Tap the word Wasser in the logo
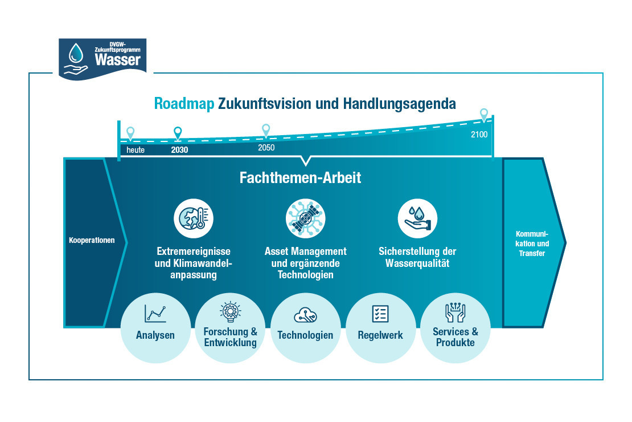click(x=118, y=60)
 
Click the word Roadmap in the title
click(x=184, y=104)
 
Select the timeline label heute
click(x=136, y=150)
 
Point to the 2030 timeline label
click(x=179, y=150)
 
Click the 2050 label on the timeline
click(x=266, y=148)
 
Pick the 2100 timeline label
click(x=479, y=135)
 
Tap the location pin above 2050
click(x=266, y=131)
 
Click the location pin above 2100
click(x=484, y=115)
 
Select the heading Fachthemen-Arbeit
click(x=300, y=178)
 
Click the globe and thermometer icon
click(x=194, y=218)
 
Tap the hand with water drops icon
click(x=417, y=218)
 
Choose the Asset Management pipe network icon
click(x=306, y=218)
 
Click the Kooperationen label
click(x=92, y=240)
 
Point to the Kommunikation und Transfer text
click(x=532, y=244)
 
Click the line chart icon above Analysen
click(x=155, y=314)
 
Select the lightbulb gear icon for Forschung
click(x=230, y=312)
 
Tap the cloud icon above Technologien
click(x=306, y=315)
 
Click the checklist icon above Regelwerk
click(x=380, y=314)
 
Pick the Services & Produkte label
click(x=455, y=337)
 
